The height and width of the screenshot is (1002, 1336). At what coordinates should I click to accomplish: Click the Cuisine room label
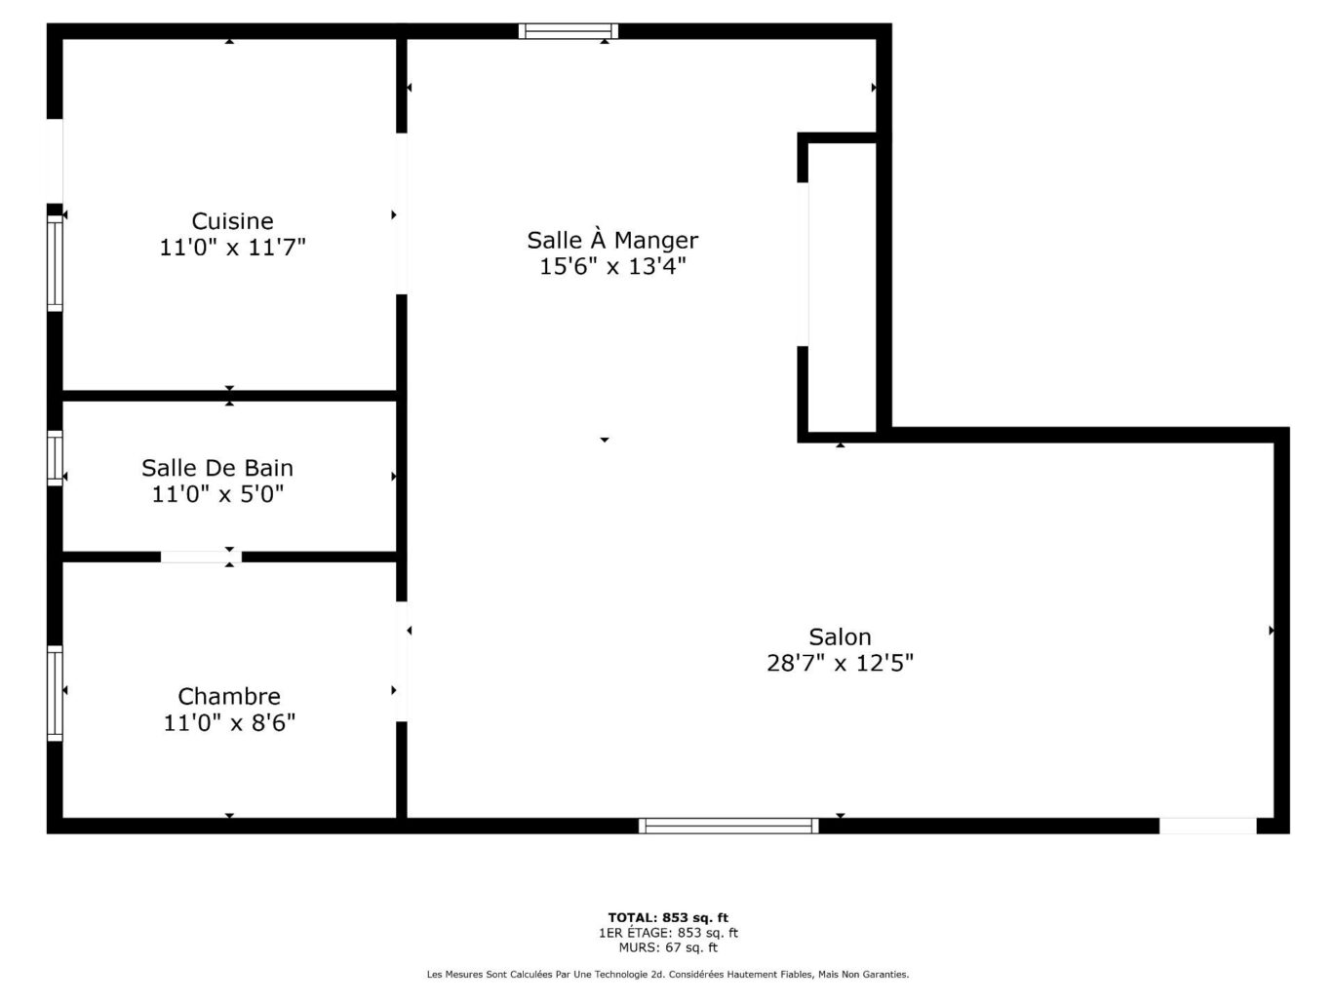(232, 221)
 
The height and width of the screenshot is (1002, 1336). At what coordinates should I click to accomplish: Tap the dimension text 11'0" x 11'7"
(232, 248)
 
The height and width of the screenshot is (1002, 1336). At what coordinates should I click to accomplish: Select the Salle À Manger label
(612, 240)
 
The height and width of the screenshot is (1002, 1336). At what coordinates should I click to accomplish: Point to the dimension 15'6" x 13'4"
(612, 266)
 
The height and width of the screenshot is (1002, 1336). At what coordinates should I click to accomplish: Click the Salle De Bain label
(216, 468)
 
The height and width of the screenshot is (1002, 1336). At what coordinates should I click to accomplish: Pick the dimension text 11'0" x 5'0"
(216, 494)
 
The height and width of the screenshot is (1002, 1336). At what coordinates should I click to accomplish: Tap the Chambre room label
(229, 696)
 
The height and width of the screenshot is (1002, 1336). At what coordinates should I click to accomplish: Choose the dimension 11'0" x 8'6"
(229, 722)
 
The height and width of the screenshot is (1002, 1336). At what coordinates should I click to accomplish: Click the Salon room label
(840, 636)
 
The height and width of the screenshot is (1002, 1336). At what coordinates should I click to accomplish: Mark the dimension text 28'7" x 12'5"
(840, 663)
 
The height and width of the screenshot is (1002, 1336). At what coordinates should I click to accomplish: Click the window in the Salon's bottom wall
(728, 826)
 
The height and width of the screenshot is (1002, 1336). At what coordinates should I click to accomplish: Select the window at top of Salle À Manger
(568, 31)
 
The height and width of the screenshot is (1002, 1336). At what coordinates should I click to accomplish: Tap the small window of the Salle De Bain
(56, 458)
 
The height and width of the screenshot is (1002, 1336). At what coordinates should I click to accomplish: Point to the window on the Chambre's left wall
(56, 693)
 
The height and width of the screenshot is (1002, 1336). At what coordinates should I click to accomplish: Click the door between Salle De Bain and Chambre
(201, 557)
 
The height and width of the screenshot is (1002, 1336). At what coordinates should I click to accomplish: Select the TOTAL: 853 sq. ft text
(668, 917)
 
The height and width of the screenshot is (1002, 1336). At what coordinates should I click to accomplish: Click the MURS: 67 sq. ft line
(668, 946)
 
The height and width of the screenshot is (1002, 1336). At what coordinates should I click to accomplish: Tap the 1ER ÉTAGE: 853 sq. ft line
(668, 932)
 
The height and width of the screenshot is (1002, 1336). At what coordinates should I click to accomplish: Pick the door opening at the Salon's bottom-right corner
(1207, 826)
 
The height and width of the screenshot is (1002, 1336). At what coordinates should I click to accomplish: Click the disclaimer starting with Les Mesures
(668, 974)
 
